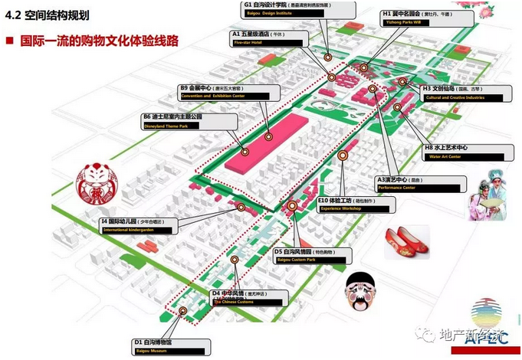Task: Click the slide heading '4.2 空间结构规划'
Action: [x=48, y=16]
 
